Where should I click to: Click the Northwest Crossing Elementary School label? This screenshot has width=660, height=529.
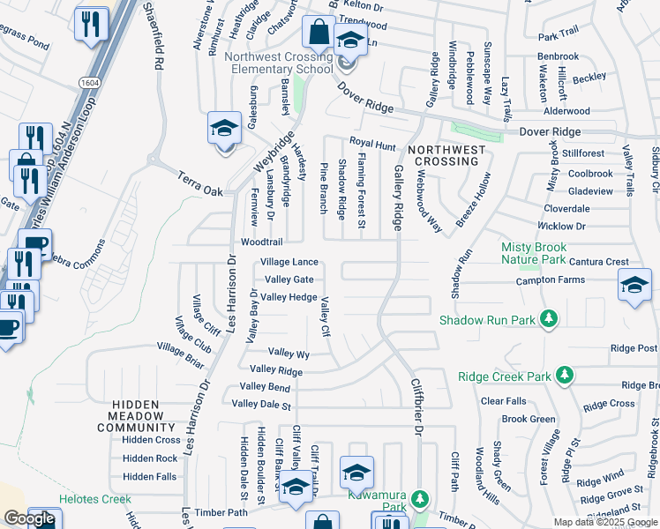click(x=278, y=63)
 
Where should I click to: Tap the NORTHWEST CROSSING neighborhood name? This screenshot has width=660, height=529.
click(x=446, y=156)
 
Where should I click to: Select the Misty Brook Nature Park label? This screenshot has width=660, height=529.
click(x=534, y=253)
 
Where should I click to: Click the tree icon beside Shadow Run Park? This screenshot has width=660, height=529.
click(x=549, y=318)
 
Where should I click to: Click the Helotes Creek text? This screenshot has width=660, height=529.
click(x=94, y=499)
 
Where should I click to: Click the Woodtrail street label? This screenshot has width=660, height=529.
click(x=262, y=242)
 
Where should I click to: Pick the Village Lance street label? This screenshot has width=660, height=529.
click(x=289, y=263)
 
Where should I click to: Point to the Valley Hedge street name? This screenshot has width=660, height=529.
click(x=289, y=297)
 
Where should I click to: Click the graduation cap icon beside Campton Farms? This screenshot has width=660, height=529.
click(x=634, y=287)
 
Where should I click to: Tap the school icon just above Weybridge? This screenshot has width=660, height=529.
click(x=224, y=129)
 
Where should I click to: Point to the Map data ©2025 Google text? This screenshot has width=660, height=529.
click(x=605, y=522)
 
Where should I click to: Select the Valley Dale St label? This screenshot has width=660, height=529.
click(x=261, y=405)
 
